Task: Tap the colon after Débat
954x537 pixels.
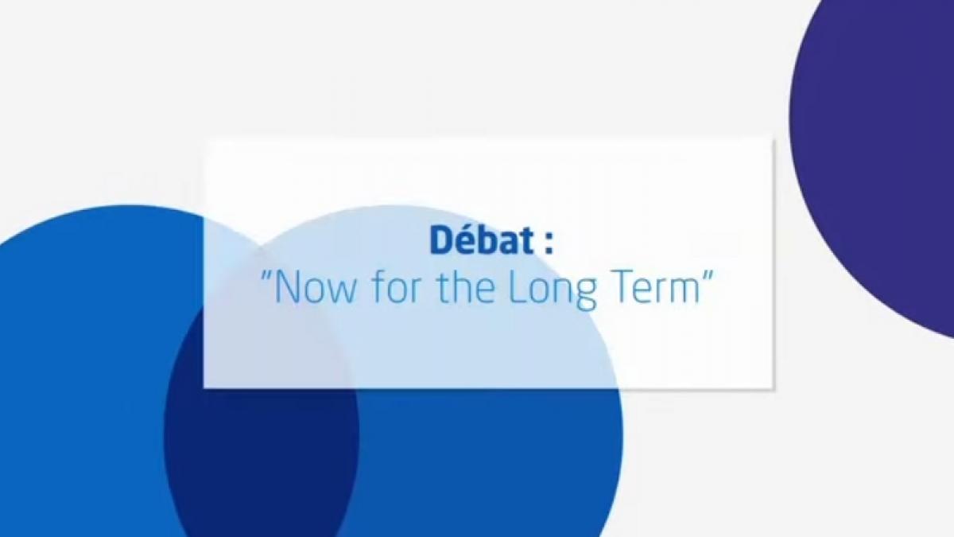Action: pyautogui.click(x=548, y=244)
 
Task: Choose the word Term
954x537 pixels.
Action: pyautogui.click(x=654, y=289)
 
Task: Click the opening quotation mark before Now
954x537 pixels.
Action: pyautogui.click(x=266, y=279)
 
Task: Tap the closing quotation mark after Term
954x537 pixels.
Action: pyautogui.click(x=707, y=279)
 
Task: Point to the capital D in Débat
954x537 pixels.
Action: pyautogui.click(x=442, y=241)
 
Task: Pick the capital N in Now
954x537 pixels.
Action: pyautogui.click(x=287, y=289)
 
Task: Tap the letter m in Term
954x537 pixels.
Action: pyautogui.click(x=683, y=293)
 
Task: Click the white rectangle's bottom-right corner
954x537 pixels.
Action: pyautogui.click(x=773, y=388)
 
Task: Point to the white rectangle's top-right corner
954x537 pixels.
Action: pyautogui.click(x=773, y=140)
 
